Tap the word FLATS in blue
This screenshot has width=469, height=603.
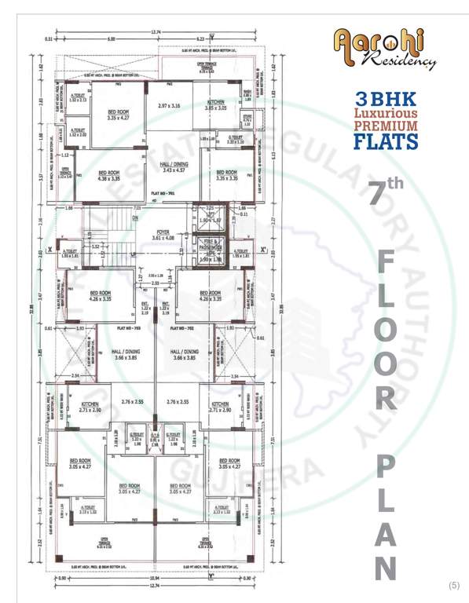pyautogui.click(x=385, y=141)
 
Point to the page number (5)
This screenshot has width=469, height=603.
pyautogui.click(x=453, y=586)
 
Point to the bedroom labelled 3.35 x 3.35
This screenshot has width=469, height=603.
pyautogui.click(x=225, y=177)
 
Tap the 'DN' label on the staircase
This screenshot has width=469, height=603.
pyautogui.click(x=134, y=218)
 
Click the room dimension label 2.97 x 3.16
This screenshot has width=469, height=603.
pyautogui.click(x=169, y=105)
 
